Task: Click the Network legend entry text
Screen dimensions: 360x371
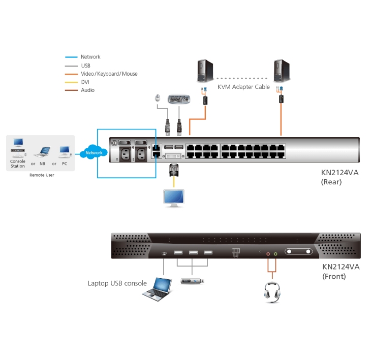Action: click(x=90, y=57)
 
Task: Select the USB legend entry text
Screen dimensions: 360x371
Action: click(x=86, y=66)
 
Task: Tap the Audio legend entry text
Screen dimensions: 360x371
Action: click(x=87, y=90)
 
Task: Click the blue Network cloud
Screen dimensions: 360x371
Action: click(x=94, y=152)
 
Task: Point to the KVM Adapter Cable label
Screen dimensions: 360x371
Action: click(x=243, y=87)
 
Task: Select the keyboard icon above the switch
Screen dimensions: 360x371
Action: click(x=179, y=99)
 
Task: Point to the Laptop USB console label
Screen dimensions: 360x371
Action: click(x=117, y=283)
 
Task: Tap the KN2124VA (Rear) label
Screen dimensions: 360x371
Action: click(x=339, y=177)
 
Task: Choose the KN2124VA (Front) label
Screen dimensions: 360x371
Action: click(x=341, y=271)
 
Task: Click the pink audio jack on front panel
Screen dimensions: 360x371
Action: click(x=268, y=252)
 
